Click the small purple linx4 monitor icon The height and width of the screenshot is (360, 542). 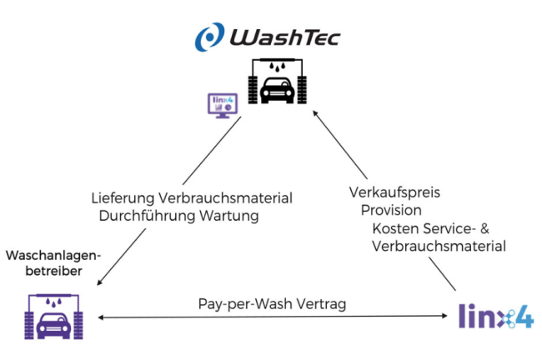pyautogui.click(x=220, y=107)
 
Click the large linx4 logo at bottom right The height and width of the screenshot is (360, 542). pyautogui.click(x=496, y=316)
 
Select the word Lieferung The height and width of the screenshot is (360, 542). pyautogui.click(x=121, y=198)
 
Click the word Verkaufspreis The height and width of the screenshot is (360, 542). pyautogui.click(x=394, y=192)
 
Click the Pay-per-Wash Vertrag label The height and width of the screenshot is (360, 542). pyautogui.click(x=273, y=304)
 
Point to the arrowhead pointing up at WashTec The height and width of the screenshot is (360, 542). pyautogui.click(x=316, y=117)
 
